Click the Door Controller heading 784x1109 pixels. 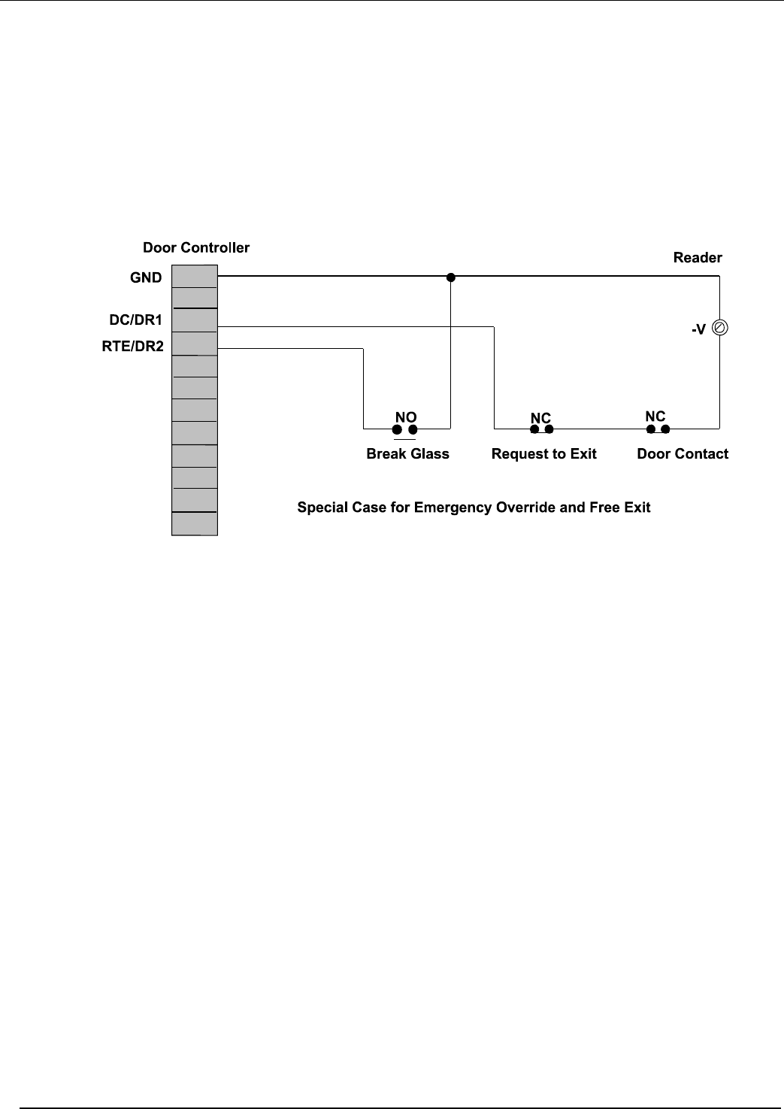196,248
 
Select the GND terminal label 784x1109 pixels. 146,277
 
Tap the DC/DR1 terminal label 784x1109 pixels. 136,320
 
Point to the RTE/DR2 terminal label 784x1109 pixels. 133,347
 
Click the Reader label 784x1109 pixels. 698,258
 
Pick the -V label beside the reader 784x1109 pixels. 698,329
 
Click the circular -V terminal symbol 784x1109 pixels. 719,328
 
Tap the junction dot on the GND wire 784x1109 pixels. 451,277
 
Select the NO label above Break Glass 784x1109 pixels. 406,417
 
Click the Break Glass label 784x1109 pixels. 407,454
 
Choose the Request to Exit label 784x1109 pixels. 543,454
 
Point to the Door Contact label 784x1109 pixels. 683,454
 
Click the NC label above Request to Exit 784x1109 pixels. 540,418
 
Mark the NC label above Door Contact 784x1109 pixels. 655,417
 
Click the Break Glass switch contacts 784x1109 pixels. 404,429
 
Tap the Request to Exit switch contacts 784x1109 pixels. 541,429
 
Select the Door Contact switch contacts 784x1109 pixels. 658,429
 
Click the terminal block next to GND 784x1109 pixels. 195,277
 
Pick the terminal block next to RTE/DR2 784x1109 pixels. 195,344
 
